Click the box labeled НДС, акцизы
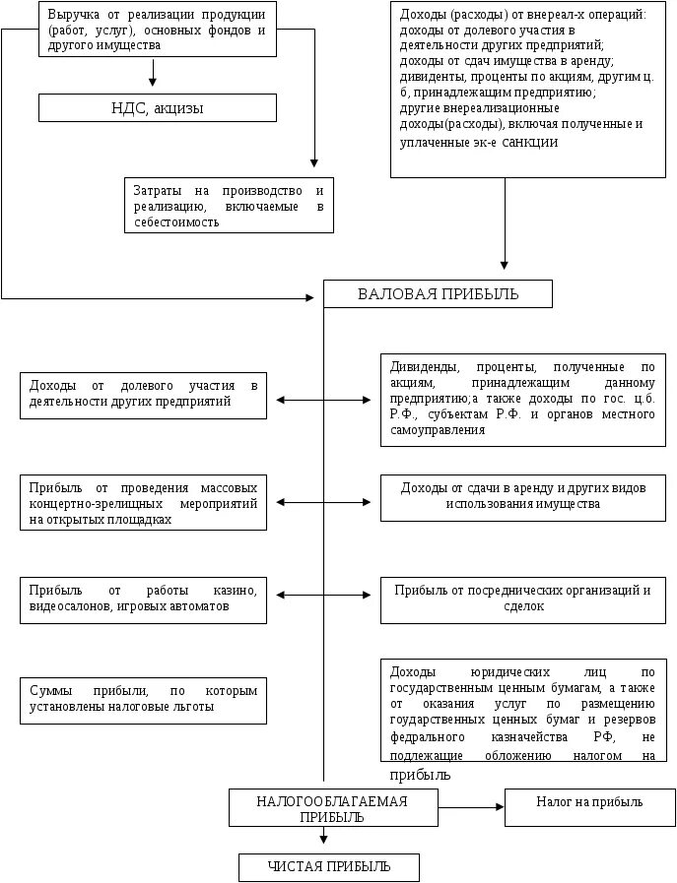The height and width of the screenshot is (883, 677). click(158, 108)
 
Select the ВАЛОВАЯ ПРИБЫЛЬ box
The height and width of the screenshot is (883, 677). click(438, 294)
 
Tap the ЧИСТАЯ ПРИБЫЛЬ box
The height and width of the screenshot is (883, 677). click(329, 867)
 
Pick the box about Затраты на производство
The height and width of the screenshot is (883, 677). click(229, 206)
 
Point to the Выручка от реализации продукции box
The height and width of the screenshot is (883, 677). click(158, 30)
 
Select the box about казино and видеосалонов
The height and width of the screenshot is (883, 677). click(143, 599)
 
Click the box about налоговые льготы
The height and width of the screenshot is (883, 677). click(143, 699)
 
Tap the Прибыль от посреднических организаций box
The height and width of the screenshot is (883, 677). click(522, 599)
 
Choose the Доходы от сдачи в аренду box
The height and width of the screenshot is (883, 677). click(522, 496)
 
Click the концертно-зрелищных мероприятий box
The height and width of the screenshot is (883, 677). click(143, 502)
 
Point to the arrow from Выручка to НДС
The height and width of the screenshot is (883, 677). click(153, 74)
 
